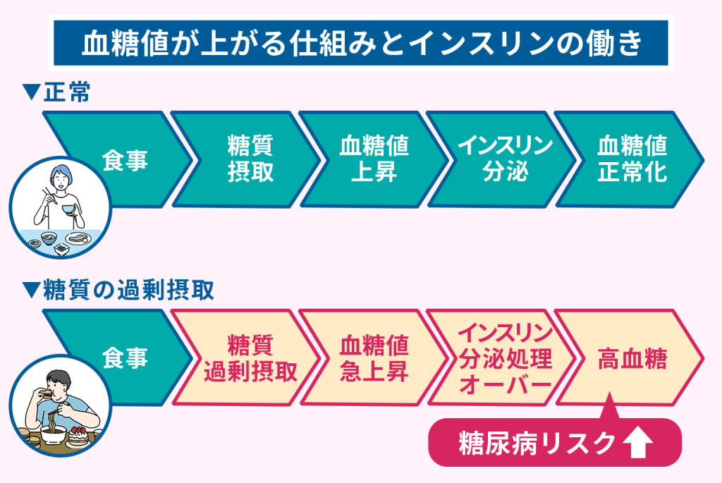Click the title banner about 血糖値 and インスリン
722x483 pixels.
point(361,43)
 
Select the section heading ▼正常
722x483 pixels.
point(56,92)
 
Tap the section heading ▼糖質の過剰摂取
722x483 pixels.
point(118,290)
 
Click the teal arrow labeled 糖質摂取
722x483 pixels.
point(246,159)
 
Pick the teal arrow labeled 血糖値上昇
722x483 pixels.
point(374,159)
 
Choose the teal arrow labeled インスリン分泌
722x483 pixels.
point(502,159)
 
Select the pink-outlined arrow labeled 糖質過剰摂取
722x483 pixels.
point(246,357)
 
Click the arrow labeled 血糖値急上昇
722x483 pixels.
point(374,357)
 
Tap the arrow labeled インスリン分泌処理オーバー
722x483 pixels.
point(502,357)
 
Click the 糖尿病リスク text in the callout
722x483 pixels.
point(537,444)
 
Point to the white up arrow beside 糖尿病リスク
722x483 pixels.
point(637,443)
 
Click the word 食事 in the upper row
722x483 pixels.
point(125,161)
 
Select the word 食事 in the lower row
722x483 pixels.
point(125,358)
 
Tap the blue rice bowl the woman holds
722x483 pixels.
point(70,209)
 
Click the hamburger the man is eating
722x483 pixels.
point(47,395)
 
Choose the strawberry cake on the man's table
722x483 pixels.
point(78,436)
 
